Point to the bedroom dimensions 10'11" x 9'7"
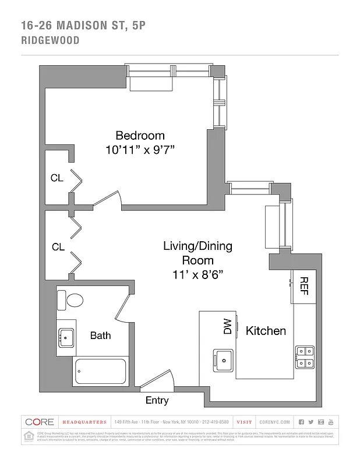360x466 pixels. pos(140,150)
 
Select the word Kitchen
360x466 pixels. pos(266,331)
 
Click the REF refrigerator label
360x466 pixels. pos(303,285)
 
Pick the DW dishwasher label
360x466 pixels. pos(227,327)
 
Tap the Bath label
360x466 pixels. pos(100,336)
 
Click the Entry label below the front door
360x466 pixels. pos(157,400)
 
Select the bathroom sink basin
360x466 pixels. pos(66,337)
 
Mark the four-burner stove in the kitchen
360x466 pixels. pos(305,356)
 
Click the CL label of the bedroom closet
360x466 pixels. pos(57,178)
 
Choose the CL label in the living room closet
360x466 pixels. pos(58,247)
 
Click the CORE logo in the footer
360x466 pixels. pos(40,422)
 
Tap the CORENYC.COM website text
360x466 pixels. pos(272,422)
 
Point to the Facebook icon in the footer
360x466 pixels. pos(301,422)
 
